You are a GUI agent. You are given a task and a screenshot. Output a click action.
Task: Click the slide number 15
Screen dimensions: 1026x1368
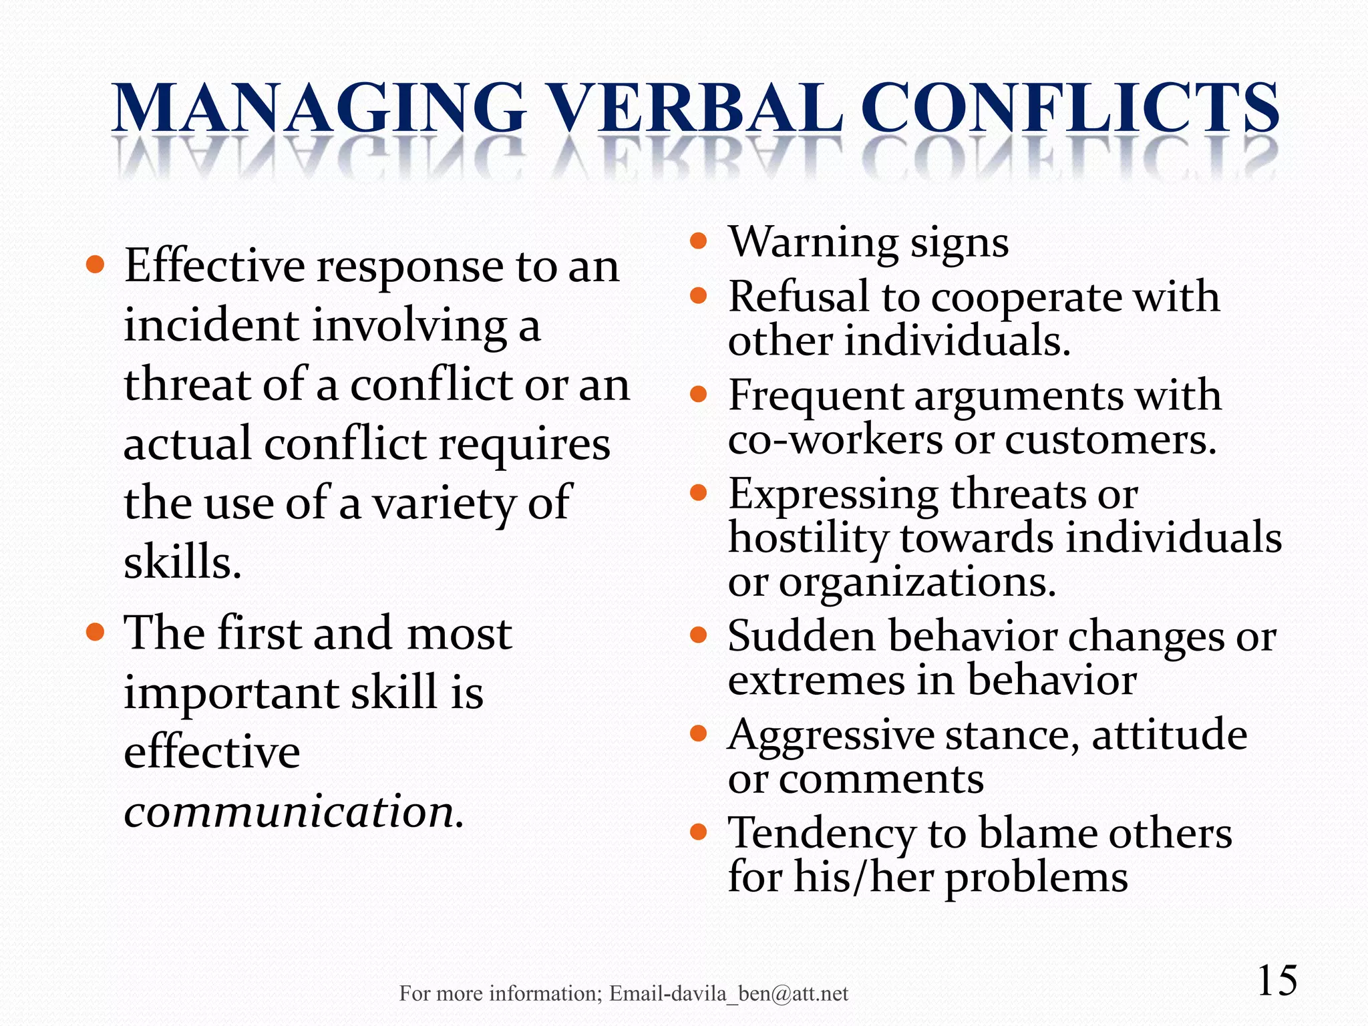pos(1277,981)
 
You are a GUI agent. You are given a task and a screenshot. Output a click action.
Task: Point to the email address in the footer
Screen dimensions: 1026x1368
pos(729,994)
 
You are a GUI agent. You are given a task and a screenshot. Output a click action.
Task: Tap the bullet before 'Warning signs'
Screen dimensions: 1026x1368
pos(698,240)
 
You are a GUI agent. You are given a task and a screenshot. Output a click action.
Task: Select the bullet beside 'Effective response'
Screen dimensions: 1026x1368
pos(96,265)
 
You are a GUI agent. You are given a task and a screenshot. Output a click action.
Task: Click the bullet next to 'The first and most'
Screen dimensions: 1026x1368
pos(96,632)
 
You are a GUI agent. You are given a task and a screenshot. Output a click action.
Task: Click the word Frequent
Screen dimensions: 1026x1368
pos(815,395)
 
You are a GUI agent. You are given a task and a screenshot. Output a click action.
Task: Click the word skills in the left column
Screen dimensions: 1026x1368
pos(181,561)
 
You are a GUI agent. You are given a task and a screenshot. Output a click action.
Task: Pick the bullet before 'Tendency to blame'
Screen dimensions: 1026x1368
pos(698,832)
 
